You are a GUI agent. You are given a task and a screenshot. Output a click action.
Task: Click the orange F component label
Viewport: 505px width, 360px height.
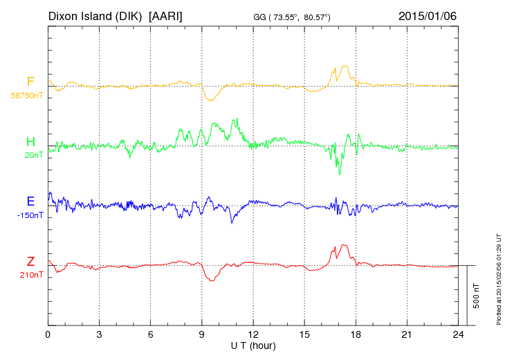pyautogui.click(x=30, y=82)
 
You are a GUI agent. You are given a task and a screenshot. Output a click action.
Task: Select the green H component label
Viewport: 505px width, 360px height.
pyautogui.click(x=30, y=142)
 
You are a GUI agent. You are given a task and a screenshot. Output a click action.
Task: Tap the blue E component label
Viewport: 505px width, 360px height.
pyautogui.click(x=30, y=201)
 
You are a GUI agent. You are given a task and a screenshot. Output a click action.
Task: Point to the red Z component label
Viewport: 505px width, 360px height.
pyautogui.click(x=30, y=261)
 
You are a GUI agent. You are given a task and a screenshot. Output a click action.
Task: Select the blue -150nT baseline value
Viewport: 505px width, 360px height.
pyautogui.click(x=31, y=215)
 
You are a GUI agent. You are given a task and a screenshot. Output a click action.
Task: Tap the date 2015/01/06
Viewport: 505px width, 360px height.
pyautogui.click(x=428, y=15)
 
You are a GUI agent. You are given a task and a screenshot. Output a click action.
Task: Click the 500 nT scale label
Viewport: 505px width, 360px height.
pyautogui.click(x=477, y=296)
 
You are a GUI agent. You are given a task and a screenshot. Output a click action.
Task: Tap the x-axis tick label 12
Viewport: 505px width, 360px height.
pyautogui.click(x=253, y=334)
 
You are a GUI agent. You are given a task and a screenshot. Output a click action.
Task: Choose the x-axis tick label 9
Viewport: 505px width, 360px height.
pyautogui.click(x=202, y=334)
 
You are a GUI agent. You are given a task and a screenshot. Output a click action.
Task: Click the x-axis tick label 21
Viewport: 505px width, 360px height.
pyautogui.click(x=407, y=334)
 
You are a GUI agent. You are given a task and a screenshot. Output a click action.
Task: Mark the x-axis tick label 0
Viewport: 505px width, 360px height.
pyautogui.click(x=48, y=334)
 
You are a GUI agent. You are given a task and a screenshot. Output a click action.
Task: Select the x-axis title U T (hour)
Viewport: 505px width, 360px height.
pyautogui.click(x=253, y=344)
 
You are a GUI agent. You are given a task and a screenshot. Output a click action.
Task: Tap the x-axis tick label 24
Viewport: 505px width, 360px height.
pyautogui.click(x=458, y=334)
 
